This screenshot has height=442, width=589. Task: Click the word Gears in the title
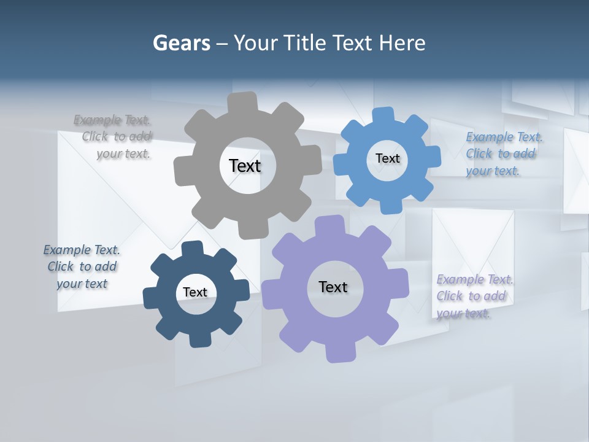coord(181,43)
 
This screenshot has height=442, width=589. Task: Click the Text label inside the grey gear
coord(245,166)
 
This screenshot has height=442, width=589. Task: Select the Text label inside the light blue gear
coord(387,158)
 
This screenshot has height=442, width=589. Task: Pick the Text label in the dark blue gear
coord(195,292)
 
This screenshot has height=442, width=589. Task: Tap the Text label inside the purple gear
coord(333,287)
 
